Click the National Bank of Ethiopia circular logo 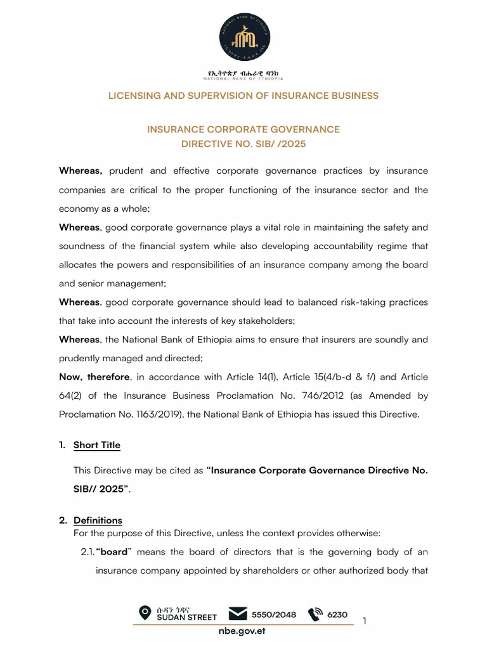[x=244, y=39]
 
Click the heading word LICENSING [x=133, y=96]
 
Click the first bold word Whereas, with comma [x=81, y=171]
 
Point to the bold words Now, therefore [x=94, y=377]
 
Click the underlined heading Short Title [x=96, y=445]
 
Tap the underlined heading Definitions [x=98, y=520]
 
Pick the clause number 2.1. [x=88, y=552]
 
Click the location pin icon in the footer [x=145, y=613]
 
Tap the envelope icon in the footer [x=238, y=614]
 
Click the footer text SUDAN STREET [x=186, y=617]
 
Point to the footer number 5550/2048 [x=274, y=614]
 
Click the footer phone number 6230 [x=337, y=614]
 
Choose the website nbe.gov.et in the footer [x=242, y=632]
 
